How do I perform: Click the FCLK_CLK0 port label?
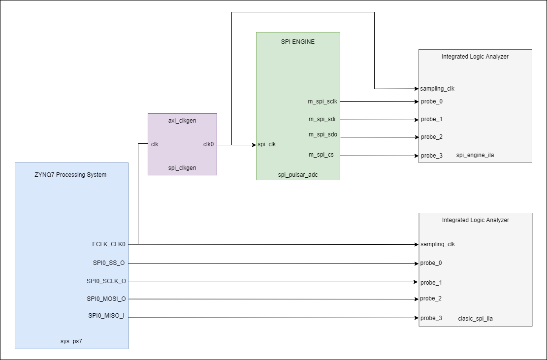[x=109, y=244]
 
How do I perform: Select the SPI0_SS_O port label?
[x=109, y=263]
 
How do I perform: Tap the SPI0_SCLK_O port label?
[x=106, y=281]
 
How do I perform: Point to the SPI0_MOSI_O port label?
[x=106, y=298]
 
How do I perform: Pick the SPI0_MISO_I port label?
[x=106, y=316]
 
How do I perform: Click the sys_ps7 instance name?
[x=71, y=340]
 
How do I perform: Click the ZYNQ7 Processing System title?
[x=70, y=175]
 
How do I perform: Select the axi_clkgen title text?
[x=182, y=121]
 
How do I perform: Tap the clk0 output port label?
[x=208, y=144]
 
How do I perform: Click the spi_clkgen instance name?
[x=182, y=168]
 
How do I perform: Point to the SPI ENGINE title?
[x=297, y=42]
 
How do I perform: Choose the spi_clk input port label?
[x=266, y=144]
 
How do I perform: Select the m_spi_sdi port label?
[x=322, y=119]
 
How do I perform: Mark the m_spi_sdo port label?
[x=322, y=135]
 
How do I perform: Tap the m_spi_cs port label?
[x=321, y=155]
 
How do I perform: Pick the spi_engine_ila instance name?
[x=475, y=155]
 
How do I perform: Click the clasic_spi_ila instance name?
[x=475, y=319]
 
